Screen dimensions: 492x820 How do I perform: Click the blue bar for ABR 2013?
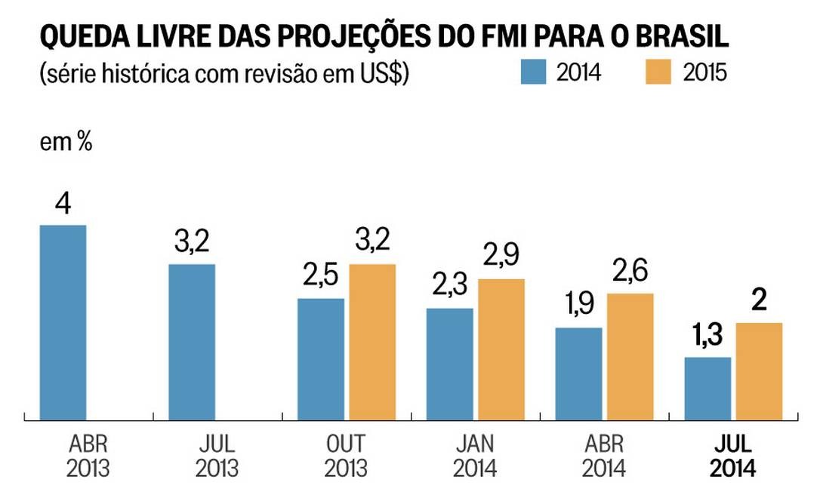(63, 322)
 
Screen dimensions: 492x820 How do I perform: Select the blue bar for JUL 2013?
(192, 342)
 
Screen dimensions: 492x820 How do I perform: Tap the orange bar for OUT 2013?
(372, 342)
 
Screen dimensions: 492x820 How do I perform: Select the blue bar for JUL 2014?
(707, 388)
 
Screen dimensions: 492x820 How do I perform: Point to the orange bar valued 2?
(759, 371)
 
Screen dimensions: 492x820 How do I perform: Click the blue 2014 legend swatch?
(533, 72)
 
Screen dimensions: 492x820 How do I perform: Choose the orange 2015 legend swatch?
(659, 72)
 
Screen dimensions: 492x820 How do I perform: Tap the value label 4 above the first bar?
(63, 204)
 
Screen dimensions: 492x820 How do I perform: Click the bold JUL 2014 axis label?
(732, 456)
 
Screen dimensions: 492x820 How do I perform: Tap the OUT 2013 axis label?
(346, 456)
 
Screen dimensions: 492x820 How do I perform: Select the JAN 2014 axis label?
(475, 456)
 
